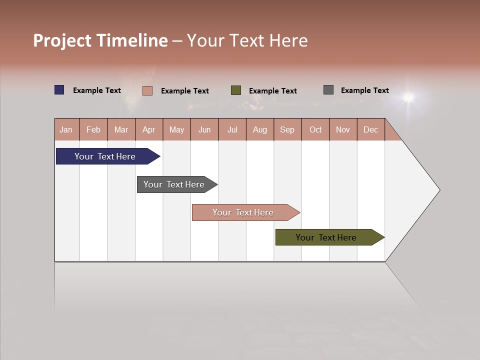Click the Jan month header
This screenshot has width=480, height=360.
point(66,129)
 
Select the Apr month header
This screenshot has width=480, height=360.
point(149,129)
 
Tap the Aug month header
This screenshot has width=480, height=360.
point(260,129)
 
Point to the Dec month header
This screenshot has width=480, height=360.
point(371,129)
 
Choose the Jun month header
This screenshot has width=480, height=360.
point(204,129)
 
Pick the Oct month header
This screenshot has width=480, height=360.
point(315,129)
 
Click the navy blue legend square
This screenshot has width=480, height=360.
point(59,90)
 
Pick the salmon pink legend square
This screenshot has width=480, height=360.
point(147,90)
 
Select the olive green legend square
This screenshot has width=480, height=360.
point(236,90)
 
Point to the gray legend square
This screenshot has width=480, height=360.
point(328,90)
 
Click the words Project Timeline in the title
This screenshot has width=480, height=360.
point(100,40)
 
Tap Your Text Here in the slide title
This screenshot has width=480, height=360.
point(247,40)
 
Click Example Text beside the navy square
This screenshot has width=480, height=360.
point(97,90)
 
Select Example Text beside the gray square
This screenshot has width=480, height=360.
point(365,90)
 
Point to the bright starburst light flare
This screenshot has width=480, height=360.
point(409,96)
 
